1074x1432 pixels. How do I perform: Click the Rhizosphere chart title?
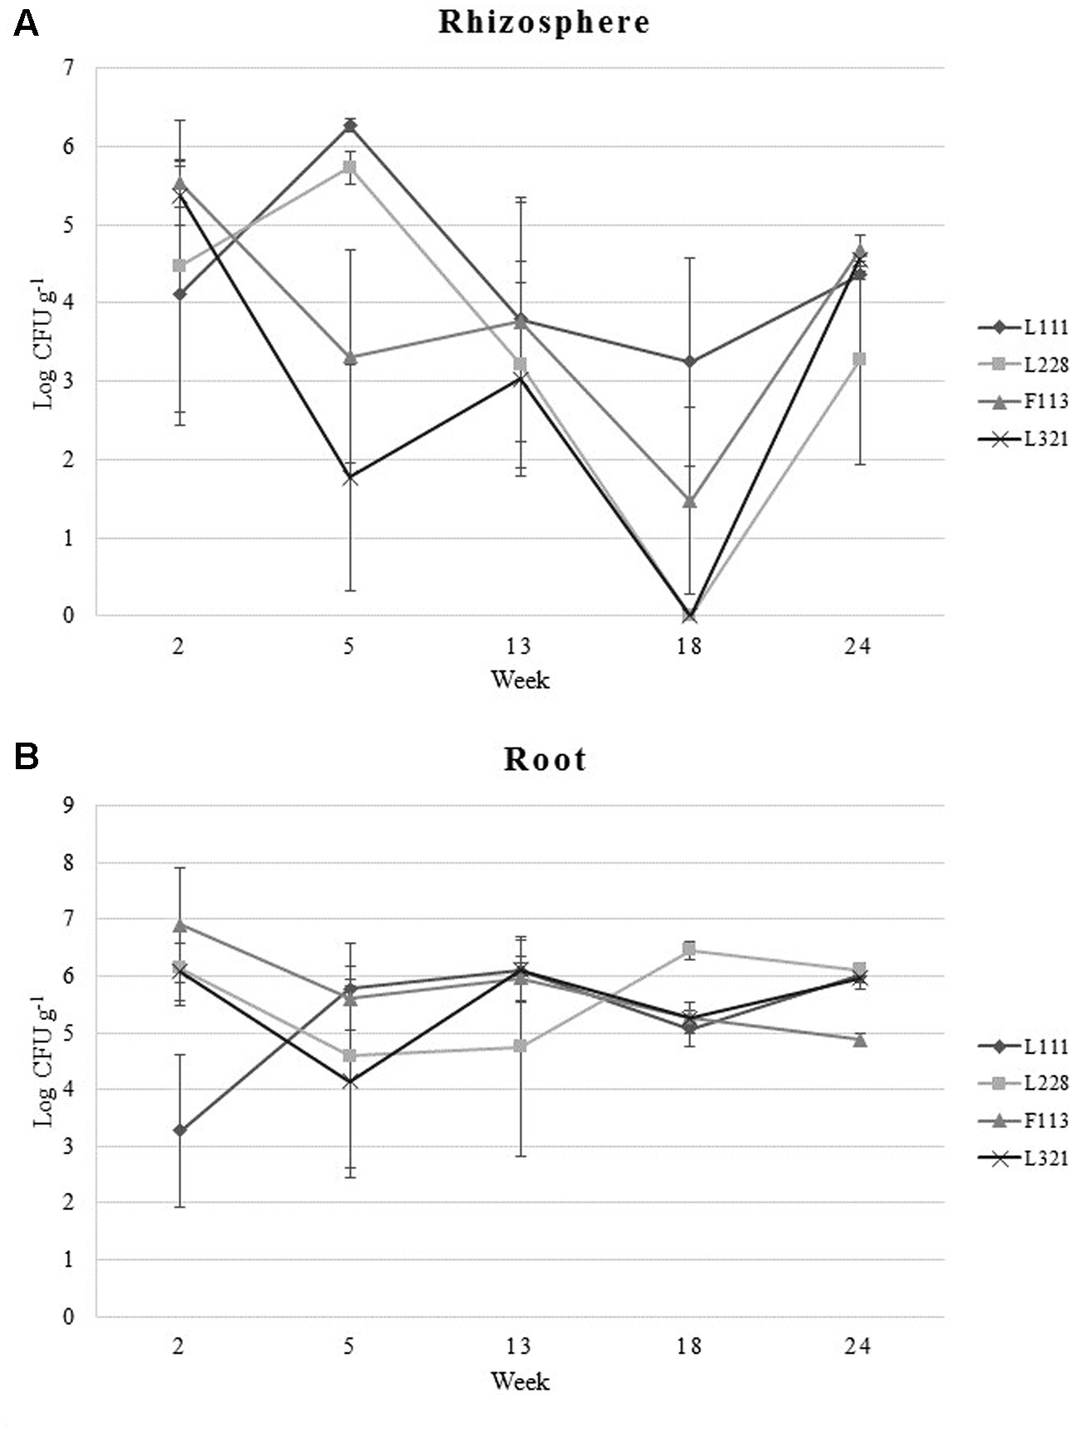(544, 22)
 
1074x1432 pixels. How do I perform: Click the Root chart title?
(545, 759)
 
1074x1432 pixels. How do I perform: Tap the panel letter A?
(26, 24)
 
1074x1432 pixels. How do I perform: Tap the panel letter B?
(26, 757)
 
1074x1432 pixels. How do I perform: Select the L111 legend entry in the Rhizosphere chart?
(1023, 327)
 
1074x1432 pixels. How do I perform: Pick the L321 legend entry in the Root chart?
(1023, 1159)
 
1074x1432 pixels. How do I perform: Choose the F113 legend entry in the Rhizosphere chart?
(1023, 401)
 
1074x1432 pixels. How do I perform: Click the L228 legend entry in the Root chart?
(1023, 1083)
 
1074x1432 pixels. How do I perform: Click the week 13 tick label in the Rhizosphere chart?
(519, 645)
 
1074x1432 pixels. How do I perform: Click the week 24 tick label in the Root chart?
(858, 1346)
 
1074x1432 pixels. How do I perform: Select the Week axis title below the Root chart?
(520, 1381)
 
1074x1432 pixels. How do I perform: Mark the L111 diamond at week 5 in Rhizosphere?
(351, 125)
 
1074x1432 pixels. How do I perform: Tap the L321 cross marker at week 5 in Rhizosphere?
(351, 478)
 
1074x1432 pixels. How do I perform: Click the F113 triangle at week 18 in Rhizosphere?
(689, 501)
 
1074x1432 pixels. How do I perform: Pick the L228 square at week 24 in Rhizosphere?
(860, 359)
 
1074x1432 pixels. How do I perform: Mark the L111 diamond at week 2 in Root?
(180, 1130)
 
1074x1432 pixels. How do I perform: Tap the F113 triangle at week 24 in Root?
(860, 1039)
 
